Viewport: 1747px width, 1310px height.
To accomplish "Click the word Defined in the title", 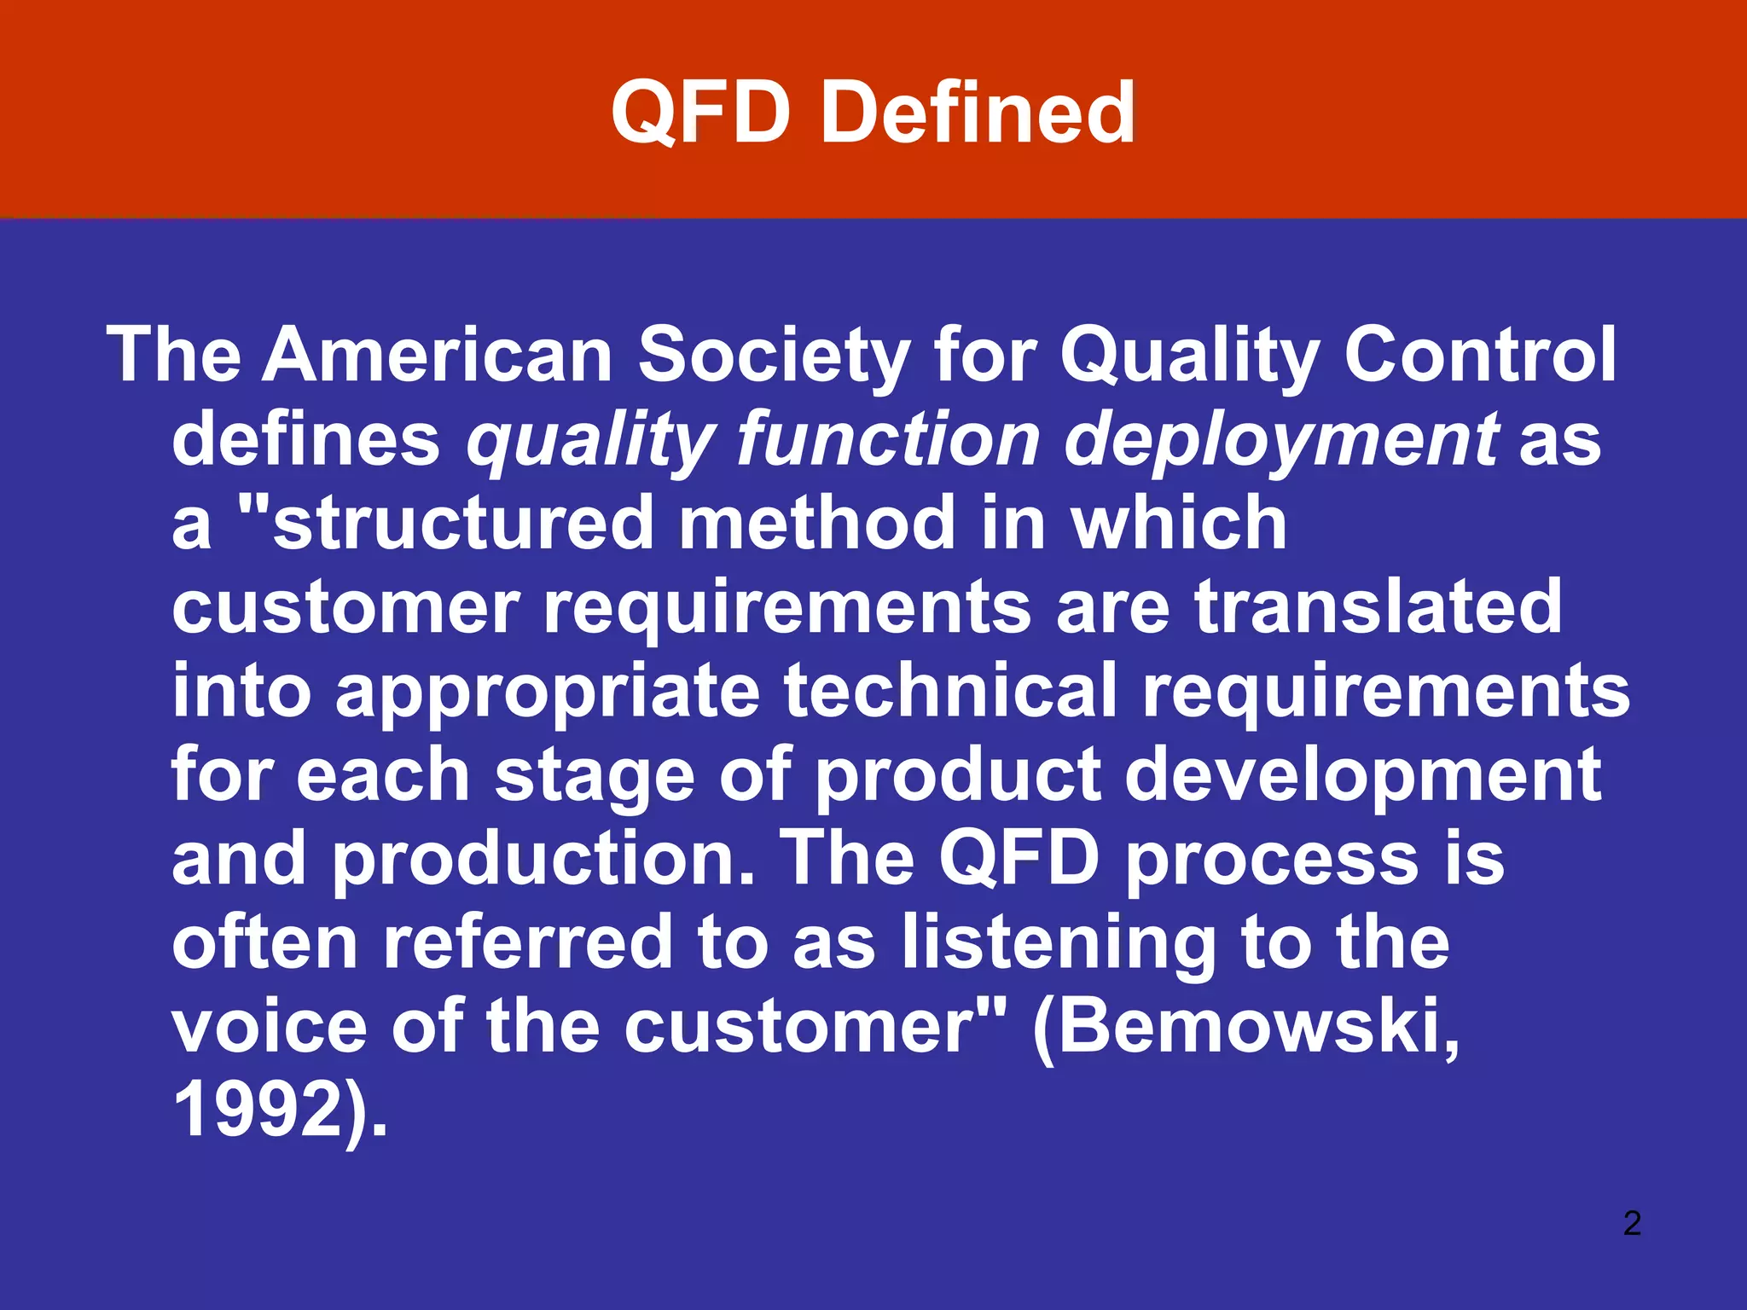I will click(977, 113).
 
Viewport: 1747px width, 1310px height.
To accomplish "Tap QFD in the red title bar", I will click(699, 113).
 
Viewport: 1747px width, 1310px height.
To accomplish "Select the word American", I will click(438, 355).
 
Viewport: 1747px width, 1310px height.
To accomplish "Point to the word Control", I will click(1480, 355).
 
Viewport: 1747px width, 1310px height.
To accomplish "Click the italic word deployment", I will click(1283, 440).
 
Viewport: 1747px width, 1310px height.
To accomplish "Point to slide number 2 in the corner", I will click(1632, 1223).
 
